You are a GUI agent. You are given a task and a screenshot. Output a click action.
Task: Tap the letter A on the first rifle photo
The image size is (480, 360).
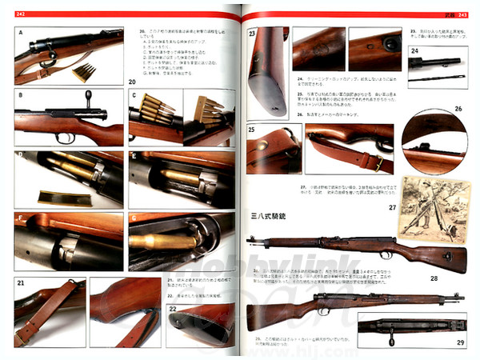[21, 34]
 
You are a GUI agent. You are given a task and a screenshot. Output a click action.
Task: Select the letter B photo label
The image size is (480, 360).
[20, 94]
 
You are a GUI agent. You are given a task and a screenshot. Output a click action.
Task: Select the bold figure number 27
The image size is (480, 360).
[393, 206]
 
